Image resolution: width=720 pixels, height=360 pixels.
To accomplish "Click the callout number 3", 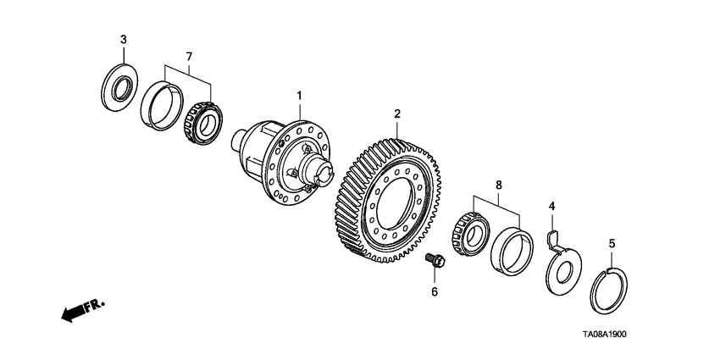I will point(123,40).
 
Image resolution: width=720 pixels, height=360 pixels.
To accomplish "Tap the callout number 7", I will point(188,56).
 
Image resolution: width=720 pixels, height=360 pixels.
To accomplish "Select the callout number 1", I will point(297,97).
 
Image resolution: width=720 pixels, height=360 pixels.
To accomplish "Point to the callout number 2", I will point(396,113).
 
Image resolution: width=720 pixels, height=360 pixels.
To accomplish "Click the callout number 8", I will point(498,183).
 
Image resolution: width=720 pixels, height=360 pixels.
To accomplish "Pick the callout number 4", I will point(551,206).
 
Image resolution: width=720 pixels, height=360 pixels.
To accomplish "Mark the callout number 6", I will point(435,291).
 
